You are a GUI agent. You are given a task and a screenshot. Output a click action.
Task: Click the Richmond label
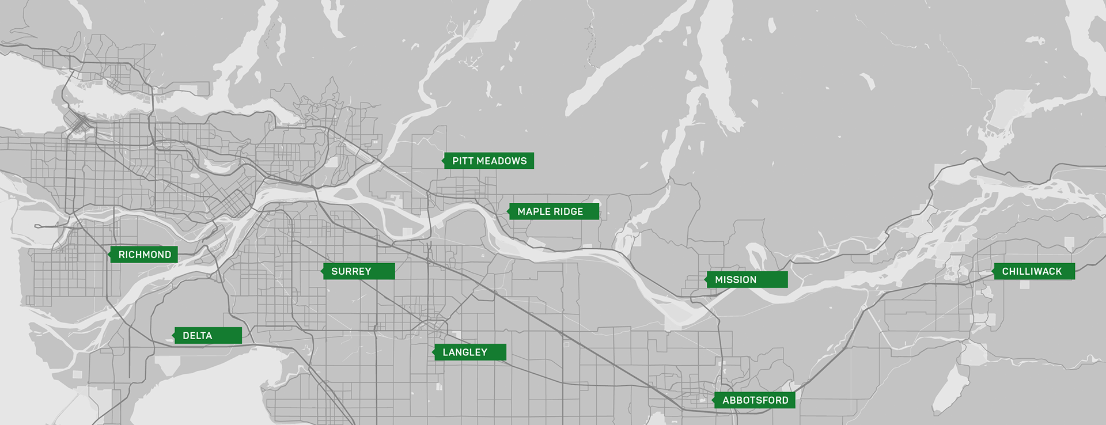click(144, 255)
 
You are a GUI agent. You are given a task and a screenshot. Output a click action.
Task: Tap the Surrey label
click(358, 271)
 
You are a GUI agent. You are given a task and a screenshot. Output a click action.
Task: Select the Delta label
click(208, 335)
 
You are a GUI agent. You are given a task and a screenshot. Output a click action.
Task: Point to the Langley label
click(469, 352)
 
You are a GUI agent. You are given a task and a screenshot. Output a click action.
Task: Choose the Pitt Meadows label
click(488, 161)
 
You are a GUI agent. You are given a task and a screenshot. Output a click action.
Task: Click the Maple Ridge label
click(554, 211)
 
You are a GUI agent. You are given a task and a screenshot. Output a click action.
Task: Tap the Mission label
click(747, 279)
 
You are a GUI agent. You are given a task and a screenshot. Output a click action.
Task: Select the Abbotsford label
click(755, 400)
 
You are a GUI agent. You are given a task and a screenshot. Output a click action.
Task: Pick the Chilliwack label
click(1034, 271)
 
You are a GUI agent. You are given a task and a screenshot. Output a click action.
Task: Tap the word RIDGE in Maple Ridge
click(569, 211)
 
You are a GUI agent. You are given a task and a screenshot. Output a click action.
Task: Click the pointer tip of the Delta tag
click(173, 335)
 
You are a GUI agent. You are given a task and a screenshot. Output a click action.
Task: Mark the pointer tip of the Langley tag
click(433, 352)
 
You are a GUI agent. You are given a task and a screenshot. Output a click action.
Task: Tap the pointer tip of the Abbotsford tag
click(713, 400)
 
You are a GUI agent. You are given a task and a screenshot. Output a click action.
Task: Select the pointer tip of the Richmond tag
click(108, 255)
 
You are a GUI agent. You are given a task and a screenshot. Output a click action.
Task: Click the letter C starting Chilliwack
click(1005, 271)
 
